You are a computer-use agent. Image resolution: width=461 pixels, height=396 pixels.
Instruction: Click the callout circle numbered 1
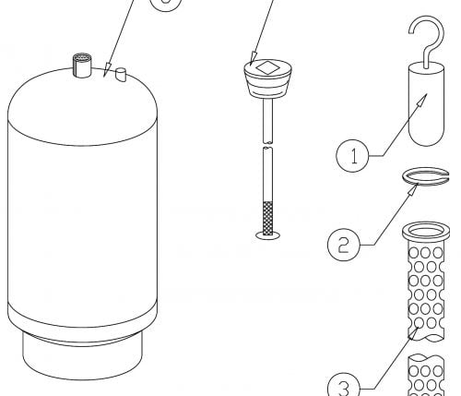coord(352,156)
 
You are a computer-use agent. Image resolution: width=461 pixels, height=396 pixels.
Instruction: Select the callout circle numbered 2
coord(344,245)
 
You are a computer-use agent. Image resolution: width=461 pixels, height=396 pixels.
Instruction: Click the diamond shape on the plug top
coord(267,68)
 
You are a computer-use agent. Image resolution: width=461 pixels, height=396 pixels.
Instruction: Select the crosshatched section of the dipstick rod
coord(267,218)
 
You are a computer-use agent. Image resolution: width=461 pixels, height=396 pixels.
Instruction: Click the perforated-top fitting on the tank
coord(82,66)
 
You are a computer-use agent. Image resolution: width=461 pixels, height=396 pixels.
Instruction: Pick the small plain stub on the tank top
coord(121,75)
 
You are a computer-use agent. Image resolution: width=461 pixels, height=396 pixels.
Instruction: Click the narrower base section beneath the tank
coord(82,357)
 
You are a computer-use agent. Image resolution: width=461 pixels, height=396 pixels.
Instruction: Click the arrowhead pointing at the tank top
coord(107,69)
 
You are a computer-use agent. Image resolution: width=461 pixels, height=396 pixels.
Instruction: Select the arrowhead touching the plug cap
coord(254,58)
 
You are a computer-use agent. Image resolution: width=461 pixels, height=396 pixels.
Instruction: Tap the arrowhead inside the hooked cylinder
coord(422,99)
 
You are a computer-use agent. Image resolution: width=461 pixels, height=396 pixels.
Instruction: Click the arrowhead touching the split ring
coord(413,189)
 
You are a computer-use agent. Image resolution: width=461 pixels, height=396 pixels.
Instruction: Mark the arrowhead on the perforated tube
coord(414,333)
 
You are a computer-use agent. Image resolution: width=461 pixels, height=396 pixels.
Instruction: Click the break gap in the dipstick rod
coord(267,145)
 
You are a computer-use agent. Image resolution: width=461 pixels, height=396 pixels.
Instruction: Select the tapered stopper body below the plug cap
coord(267,86)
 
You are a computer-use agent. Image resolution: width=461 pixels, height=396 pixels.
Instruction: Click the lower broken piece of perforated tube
coord(426,376)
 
